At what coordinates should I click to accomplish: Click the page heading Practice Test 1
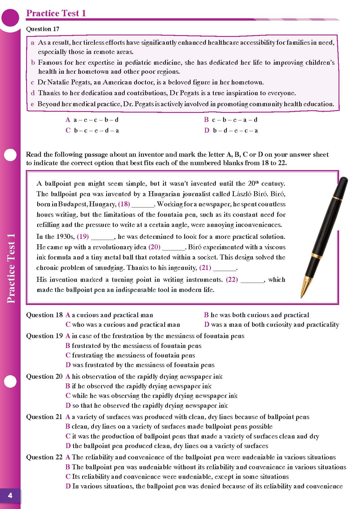click(56, 13)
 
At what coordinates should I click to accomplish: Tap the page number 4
click(10, 495)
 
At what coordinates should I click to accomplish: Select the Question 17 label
click(43, 29)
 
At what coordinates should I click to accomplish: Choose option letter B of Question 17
click(206, 120)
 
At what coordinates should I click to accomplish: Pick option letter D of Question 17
click(207, 131)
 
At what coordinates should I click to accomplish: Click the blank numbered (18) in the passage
click(143, 205)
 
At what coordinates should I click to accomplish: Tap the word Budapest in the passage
click(73, 204)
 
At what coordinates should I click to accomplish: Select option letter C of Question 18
click(68, 325)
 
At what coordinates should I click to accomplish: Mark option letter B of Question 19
click(68, 346)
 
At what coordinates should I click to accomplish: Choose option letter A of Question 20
click(68, 377)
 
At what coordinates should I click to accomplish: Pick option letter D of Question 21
click(68, 446)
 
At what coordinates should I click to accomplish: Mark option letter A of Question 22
click(68, 457)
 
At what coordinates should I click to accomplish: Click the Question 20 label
click(44, 377)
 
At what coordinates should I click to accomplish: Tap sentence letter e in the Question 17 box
click(32, 104)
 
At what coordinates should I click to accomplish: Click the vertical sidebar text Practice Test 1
click(11, 268)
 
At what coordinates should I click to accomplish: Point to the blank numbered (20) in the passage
click(173, 248)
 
